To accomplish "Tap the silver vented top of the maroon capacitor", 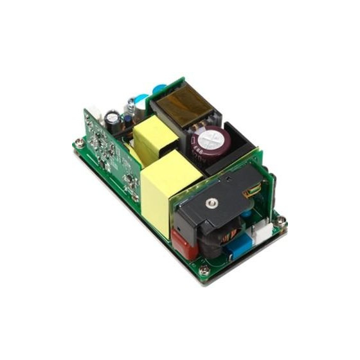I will pos(211,138).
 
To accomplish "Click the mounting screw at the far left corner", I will pos(78,145).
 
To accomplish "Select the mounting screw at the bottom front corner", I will pos(204,272).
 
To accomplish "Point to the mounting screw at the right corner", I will pos(281,221).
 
